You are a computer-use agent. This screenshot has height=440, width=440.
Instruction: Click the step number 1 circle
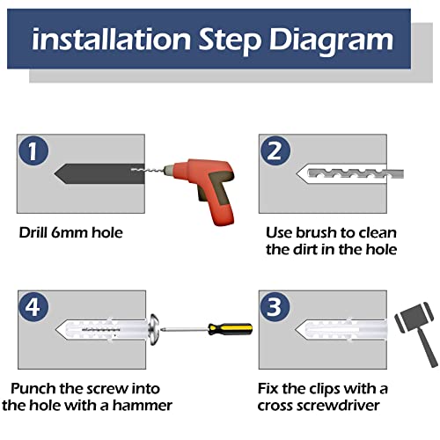click(33, 150)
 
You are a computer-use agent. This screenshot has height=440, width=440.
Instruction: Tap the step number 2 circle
click(275, 150)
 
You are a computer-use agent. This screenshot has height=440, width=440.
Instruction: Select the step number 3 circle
click(275, 307)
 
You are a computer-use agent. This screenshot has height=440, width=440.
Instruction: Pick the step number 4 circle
click(33, 307)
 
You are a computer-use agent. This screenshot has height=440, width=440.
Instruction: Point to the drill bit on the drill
click(147, 170)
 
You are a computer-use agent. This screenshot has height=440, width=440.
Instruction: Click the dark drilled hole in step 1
click(99, 173)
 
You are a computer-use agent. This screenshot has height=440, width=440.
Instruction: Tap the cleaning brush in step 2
click(356, 173)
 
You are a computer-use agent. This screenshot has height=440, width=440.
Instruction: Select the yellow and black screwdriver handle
click(231, 329)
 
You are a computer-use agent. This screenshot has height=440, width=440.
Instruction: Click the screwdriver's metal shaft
click(184, 330)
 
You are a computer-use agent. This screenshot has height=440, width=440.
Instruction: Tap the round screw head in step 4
click(153, 330)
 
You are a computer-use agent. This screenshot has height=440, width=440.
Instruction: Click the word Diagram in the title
click(331, 40)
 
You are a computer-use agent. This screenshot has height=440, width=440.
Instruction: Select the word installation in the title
click(111, 39)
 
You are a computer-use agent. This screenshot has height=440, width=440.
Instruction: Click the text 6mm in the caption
click(70, 232)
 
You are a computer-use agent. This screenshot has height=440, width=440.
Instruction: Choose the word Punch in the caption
click(33, 389)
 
